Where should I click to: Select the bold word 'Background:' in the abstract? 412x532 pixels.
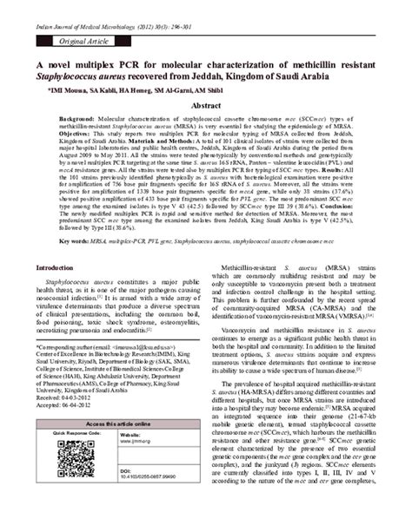pos(77,140)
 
